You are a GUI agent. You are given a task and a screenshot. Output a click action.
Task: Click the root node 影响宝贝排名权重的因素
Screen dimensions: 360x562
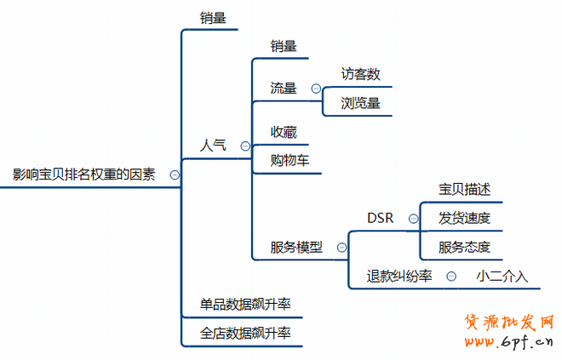pos(84,174)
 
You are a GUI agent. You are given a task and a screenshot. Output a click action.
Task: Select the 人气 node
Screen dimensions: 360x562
pos(213,146)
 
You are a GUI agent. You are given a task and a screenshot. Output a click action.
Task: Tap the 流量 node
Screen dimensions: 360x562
pos(284,88)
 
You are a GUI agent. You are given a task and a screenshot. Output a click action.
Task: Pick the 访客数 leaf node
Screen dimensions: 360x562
pos(360,74)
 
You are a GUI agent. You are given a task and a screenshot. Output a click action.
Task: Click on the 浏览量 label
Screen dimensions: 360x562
pos(360,103)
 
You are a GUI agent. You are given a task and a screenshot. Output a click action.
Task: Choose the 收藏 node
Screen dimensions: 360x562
pos(284,132)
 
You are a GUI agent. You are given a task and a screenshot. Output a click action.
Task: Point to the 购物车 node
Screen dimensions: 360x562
pos(290,160)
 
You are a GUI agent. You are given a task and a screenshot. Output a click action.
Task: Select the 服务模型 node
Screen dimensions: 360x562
pos(296,248)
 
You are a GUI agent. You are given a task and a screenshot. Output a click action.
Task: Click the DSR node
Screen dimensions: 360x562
pos(380,218)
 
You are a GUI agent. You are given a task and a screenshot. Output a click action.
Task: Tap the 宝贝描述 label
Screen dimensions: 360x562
pos(464,189)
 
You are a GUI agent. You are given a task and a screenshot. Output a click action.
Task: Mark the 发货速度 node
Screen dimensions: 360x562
pos(464,218)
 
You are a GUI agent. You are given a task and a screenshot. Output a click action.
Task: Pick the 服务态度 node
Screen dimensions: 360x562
pos(464,248)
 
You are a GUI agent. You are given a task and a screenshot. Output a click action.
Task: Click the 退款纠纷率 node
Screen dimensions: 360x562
pos(399,276)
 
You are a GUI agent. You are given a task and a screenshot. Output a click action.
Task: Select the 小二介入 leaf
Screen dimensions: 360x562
pos(502,276)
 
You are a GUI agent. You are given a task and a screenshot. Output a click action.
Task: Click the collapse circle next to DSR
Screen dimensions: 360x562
pos(413,218)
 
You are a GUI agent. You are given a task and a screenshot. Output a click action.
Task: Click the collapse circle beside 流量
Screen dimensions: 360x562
pos(316,88)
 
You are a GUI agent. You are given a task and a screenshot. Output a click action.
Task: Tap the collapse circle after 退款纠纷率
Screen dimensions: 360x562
pos(451,276)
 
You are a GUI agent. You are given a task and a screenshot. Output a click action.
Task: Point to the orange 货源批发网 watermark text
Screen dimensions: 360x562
pos(509,323)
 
